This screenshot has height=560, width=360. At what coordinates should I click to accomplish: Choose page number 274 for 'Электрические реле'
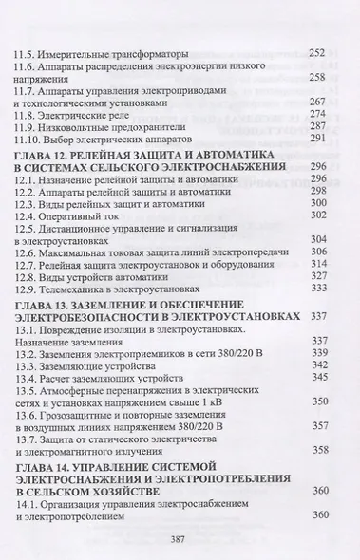pyautogui.click(x=318, y=112)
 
